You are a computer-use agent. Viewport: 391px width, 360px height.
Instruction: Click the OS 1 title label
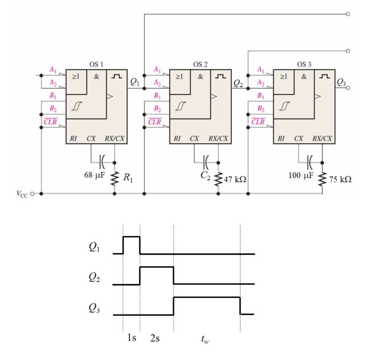tap(96, 64)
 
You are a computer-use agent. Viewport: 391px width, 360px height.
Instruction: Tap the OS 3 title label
tap(304, 64)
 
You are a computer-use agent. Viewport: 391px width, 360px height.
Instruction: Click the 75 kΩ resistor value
tap(341, 179)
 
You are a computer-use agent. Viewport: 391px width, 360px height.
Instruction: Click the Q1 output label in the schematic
tap(135, 81)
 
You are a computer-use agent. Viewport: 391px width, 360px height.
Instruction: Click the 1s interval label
tap(131, 339)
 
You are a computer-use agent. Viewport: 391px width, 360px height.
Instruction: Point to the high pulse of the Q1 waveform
tap(131, 237)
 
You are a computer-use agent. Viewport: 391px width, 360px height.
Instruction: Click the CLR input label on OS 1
tap(51, 122)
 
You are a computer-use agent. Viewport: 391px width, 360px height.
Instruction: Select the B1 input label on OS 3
tap(261, 95)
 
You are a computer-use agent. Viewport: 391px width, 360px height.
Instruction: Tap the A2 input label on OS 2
tap(157, 82)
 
